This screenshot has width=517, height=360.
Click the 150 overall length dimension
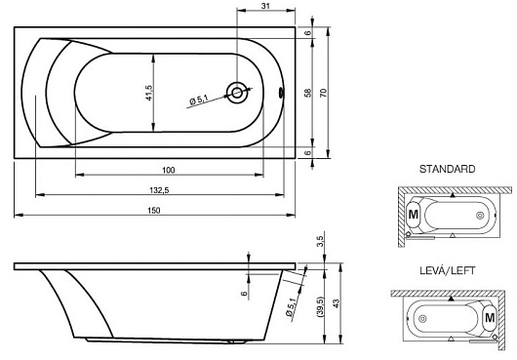pyautogui.click(x=154, y=211)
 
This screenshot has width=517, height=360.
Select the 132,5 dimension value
pyautogui.click(x=159, y=190)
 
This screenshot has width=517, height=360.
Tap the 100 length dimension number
pyautogui.click(x=169, y=170)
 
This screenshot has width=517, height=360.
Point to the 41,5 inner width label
pyautogui.click(x=149, y=93)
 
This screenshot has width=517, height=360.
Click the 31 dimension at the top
pyautogui.click(x=265, y=6)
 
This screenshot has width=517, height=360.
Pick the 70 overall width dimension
pyautogui.click(x=324, y=93)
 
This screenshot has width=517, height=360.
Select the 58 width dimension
pyautogui.click(x=307, y=93)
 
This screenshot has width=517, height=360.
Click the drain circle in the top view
pyautogui.click(x=237, y=93)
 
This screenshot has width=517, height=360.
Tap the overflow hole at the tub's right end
pyautogui.click(x=281, y=93)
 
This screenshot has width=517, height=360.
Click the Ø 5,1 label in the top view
pyautogui.click(x=199, y=100)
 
